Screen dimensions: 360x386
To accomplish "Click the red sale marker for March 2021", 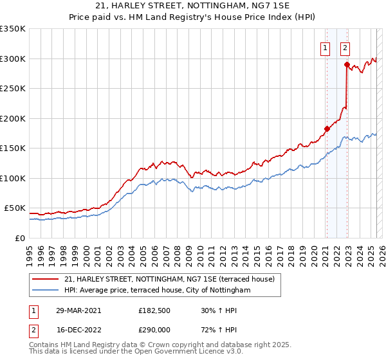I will (327, 129).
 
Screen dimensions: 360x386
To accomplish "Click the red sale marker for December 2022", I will (347, 64).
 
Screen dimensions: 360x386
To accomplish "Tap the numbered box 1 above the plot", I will (326, 47).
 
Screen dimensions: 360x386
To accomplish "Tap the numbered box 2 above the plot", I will (345, 47).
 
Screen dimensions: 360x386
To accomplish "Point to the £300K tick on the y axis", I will (13, 59).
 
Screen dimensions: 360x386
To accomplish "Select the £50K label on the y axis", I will (15, 208).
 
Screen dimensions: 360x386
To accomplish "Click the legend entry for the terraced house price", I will (169, 279).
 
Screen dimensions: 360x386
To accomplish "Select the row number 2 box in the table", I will (31, 331).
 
